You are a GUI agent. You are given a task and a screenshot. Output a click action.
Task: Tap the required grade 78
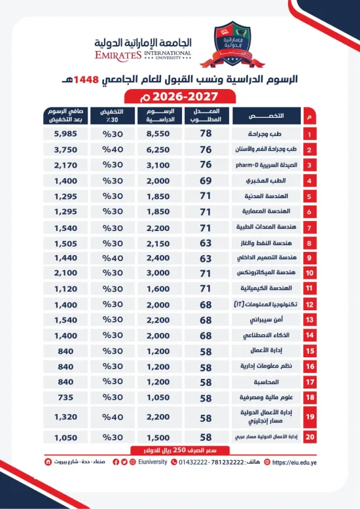click(205, 133)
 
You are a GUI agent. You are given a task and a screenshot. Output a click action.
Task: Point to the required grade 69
click(205, 180)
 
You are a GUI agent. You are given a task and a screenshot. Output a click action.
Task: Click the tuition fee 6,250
click(162, 149)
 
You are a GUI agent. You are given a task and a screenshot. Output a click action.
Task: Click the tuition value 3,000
click(162, 272)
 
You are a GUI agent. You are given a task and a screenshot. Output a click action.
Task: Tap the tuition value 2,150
click(162, 242)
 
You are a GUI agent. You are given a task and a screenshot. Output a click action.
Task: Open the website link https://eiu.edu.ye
click(291, 462)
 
